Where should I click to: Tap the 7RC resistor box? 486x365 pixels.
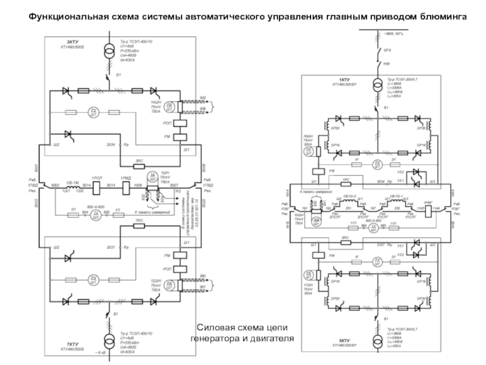click(139, 226)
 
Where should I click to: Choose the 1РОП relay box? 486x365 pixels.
click(97, 185)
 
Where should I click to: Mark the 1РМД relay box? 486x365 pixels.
click(127, 185)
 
